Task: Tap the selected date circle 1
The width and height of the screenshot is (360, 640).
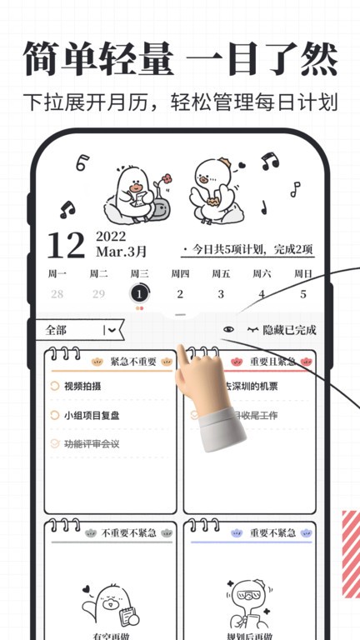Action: coord(139,293)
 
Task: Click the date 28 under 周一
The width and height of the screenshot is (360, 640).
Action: coord(57,293)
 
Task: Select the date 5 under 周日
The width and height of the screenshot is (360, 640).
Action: coord(303,293)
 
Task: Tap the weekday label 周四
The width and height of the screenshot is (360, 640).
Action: coord(180,273)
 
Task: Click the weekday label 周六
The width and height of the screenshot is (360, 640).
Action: coord(262,273)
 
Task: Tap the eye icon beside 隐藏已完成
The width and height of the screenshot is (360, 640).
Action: coord(229,330)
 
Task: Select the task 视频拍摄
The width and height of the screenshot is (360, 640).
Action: coord(82,386)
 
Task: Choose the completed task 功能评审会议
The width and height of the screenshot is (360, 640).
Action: coord(92,444)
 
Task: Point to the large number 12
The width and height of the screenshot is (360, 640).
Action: coord(66,244)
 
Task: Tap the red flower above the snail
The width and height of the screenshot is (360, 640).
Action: coord(167,178)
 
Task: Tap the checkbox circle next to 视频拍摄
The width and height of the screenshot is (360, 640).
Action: coord(56,386)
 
